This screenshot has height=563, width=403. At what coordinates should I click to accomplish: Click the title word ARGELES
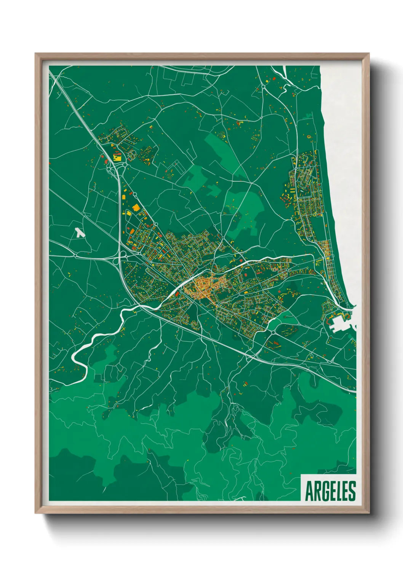[330, 491]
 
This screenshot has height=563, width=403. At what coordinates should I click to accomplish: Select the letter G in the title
[323, 491]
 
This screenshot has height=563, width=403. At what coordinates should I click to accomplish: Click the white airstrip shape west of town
[79, 233]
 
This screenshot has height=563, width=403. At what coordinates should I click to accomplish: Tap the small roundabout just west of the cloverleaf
[76, 256]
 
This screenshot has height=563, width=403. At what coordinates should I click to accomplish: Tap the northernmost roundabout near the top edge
[263, 87]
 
